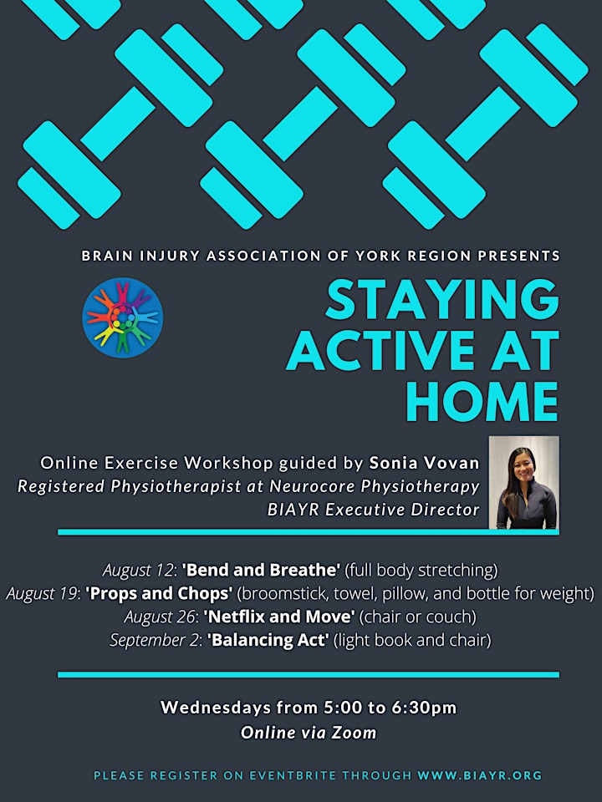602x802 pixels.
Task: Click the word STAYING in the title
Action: tap(442, 300)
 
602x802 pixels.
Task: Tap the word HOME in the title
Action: tap(482, 402)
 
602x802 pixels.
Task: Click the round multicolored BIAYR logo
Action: tap(122, 317)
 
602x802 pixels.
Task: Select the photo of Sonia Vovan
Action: tap(523, 482)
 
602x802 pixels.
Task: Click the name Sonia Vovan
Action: tap(425, 463)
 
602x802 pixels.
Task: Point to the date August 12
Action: tap(138, 571)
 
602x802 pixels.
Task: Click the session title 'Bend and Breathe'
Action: tap(261, 570)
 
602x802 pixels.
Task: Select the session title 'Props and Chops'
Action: tap(159, 593)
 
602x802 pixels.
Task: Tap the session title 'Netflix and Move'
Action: tap(279, 617)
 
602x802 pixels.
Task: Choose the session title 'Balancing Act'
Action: tap(268, 640)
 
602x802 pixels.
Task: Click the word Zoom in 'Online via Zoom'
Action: tap(355, 733)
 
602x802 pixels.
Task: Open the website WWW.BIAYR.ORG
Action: tap(480, 775)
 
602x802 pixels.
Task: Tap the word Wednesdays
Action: tap(216, 708)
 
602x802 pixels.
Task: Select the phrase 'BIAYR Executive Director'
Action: tap(373, 510)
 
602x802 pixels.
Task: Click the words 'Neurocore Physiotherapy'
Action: tap(375, 486)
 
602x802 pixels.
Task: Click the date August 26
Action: tap(160, 617)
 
